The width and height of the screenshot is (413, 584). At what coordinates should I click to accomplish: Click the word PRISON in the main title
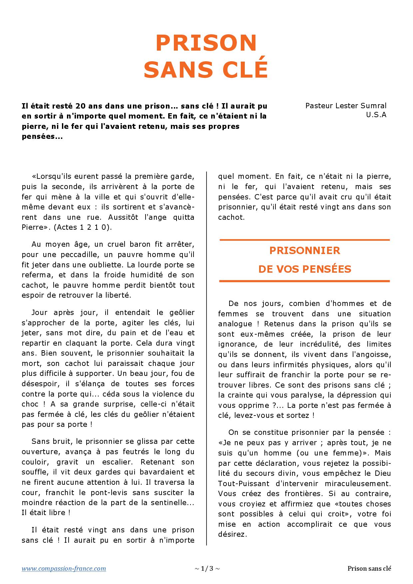[206, 43]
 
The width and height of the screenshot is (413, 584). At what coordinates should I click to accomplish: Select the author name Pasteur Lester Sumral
[346, 106]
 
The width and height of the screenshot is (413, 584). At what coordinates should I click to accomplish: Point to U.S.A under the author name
[376, 115]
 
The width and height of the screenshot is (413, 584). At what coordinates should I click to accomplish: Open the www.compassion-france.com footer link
[64, 568]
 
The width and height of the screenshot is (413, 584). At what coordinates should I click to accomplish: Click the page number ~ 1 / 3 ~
[207, 568]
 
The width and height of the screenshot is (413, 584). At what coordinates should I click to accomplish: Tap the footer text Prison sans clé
[369, 568]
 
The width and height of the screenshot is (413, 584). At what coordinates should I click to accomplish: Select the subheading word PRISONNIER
[304, 250]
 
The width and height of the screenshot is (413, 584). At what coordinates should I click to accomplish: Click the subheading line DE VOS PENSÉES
[304, 269]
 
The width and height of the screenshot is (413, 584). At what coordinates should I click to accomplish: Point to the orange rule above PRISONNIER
[304, 240]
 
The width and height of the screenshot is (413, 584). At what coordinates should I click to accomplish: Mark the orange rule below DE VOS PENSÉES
[304, 281]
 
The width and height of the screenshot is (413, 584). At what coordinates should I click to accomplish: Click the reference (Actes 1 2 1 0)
[83, 227]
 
